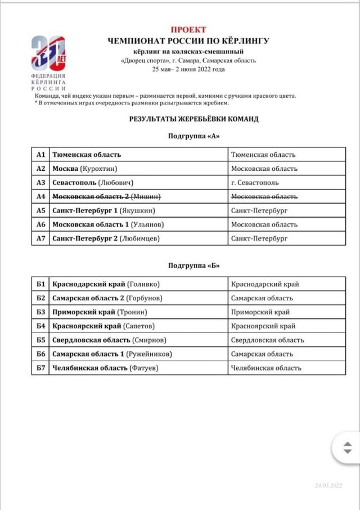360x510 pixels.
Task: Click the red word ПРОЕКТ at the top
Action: point(188,29)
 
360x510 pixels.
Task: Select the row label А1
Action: point(40,155)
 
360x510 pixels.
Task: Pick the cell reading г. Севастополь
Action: point(255,182)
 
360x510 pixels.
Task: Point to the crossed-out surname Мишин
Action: point(147,196)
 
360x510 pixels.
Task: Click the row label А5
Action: point(40,210)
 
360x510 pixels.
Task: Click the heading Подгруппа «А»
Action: point(193,136)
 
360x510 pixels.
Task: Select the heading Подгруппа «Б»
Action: point(193,265)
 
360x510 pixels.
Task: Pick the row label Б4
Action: point(40,326)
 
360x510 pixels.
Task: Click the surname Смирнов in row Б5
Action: point(149,340)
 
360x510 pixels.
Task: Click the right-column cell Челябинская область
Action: point(266,368)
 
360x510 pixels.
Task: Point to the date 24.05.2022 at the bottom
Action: point(328,485)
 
